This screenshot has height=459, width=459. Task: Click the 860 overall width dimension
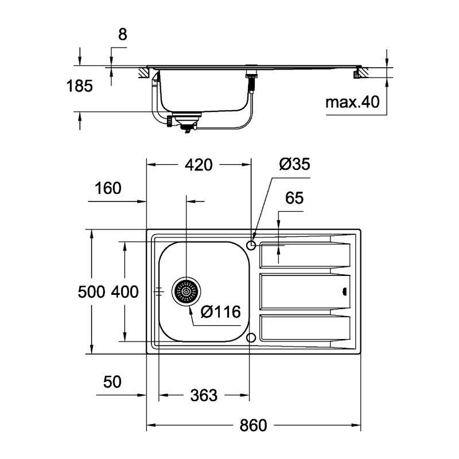(253, 426)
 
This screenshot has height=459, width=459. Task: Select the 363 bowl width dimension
(204, 395)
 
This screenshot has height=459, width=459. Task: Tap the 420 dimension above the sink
(199, 165)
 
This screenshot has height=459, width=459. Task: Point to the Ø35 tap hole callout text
(294, 165)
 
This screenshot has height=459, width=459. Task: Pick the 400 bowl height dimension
(125, 292)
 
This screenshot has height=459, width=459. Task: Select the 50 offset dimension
(112, 382)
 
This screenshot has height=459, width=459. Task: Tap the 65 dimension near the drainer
(294, 199)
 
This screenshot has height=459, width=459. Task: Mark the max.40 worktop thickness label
(353, 103)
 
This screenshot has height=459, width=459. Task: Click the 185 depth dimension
(79, 87)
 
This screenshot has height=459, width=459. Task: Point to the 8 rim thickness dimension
(122, 34)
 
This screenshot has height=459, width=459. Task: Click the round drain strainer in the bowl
(186, 292)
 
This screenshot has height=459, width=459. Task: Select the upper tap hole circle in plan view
(251, 246)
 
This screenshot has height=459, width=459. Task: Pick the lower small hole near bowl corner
(251, 337)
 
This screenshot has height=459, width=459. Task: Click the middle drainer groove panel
(301, 292)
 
